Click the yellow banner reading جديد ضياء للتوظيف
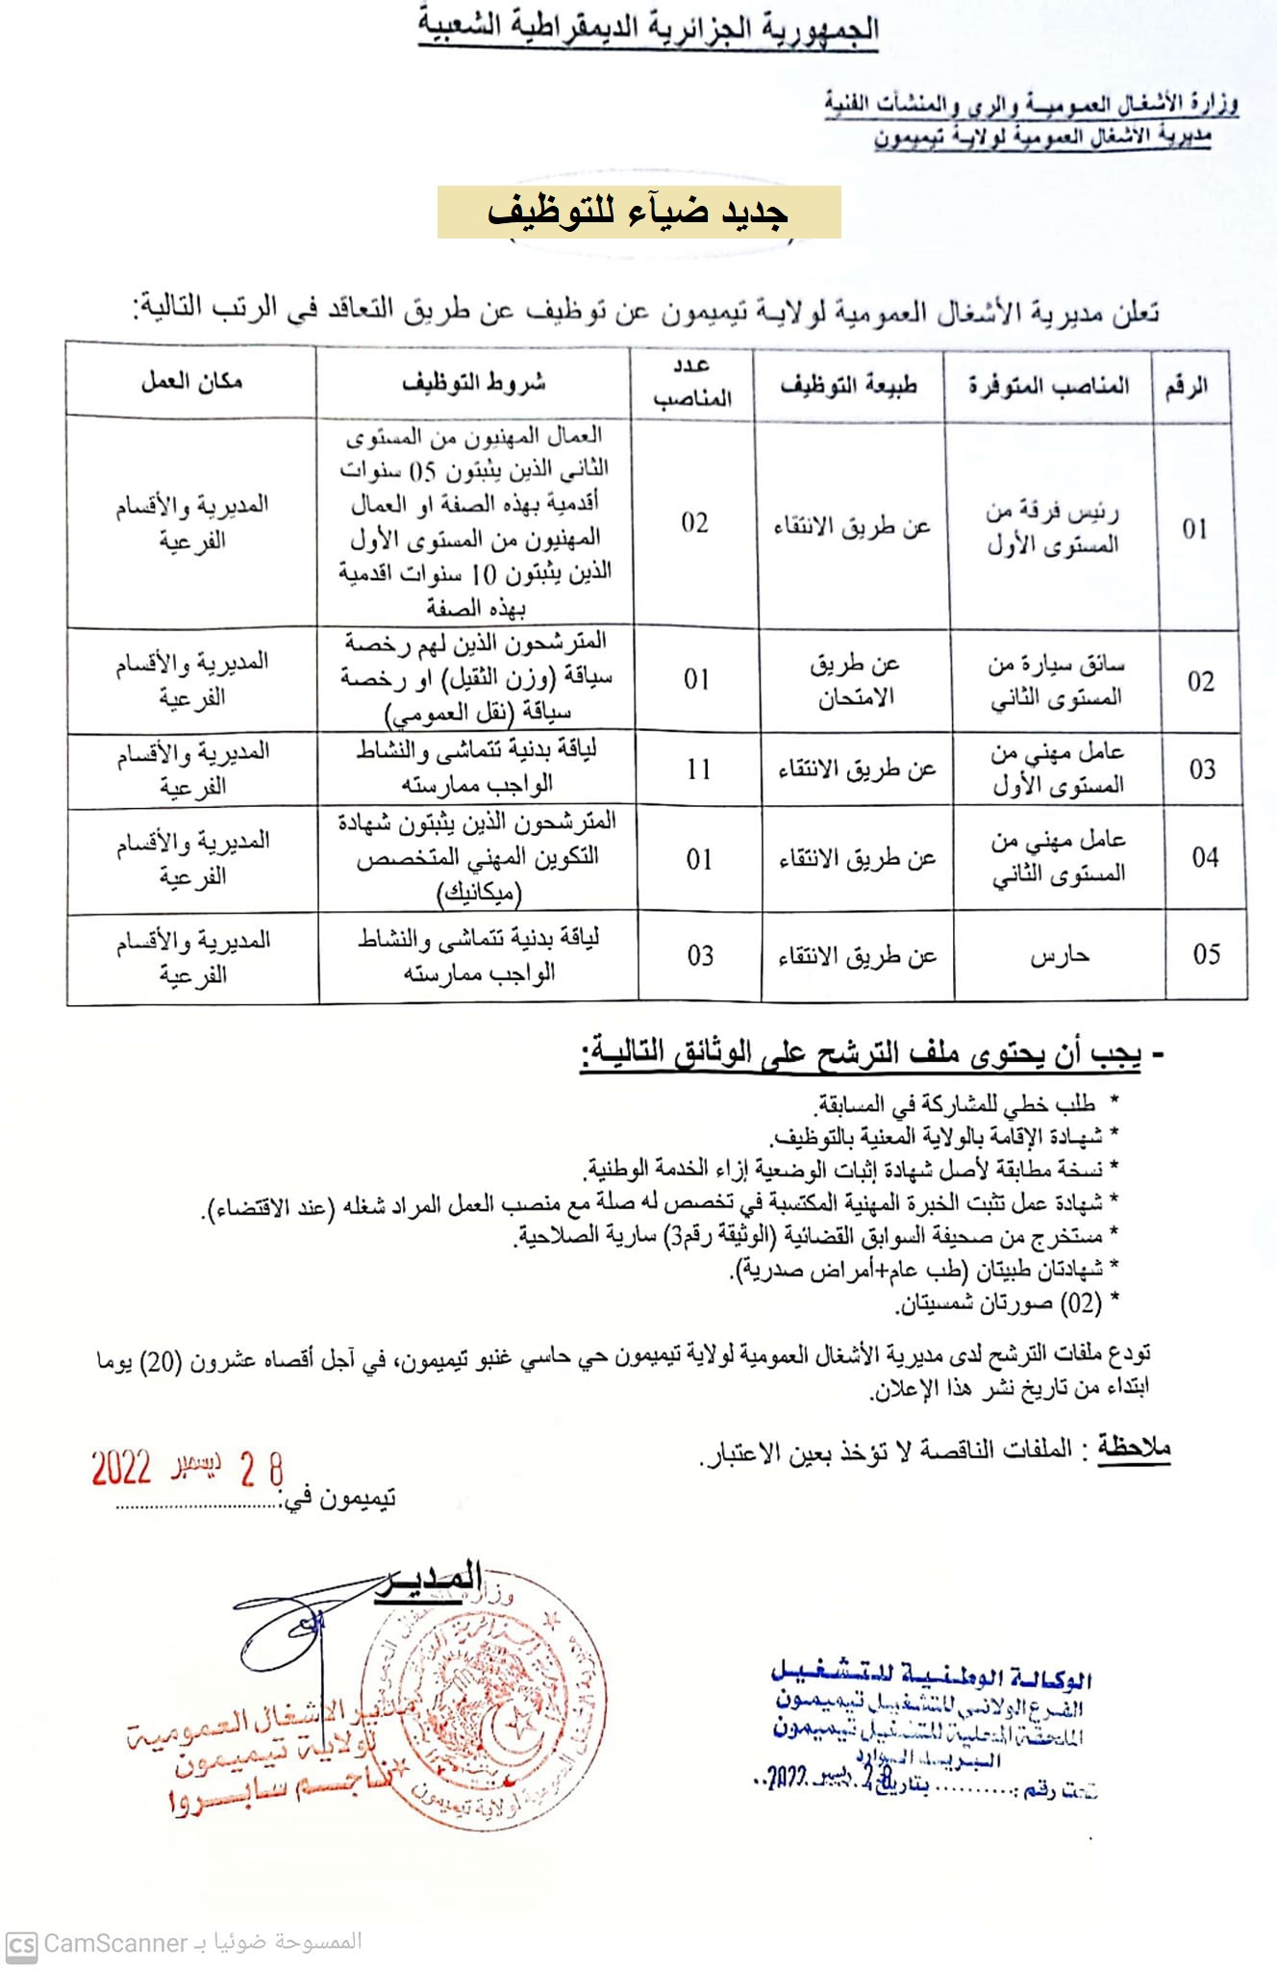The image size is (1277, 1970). point(638,212)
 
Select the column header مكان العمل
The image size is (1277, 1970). point(191,382)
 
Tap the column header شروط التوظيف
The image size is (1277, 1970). point(473,383)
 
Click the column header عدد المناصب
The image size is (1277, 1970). point(692,382)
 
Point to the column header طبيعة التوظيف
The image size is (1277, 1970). point(848,386)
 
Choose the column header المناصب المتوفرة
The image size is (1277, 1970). point(1048,387)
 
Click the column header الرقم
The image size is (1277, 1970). point(1187,388)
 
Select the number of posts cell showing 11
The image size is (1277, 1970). point(699,770)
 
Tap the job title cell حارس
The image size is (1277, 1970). point(1059,956)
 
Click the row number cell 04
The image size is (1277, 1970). point(1206,857)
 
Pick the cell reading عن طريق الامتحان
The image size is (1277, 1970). point(855,680)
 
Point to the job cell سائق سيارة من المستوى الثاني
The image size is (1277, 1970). point(1056,681)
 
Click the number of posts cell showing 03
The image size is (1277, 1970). point(700,956)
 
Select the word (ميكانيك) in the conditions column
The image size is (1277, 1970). point(479,894)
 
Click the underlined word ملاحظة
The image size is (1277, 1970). point(1135,1447)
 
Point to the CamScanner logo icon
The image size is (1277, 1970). point(21,1944)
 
